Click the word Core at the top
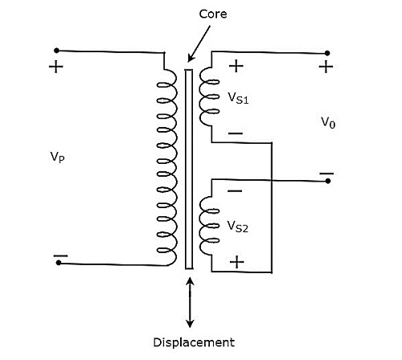point(201,13)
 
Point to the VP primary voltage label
point(57,157)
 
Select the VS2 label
point(239,227)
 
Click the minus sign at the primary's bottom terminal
point(59,259)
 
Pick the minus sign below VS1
point(236,133)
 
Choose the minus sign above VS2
point(236,191)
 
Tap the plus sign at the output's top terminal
point(326,67)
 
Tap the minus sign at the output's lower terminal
point(326,172)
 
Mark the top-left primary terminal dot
point(55,50)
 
